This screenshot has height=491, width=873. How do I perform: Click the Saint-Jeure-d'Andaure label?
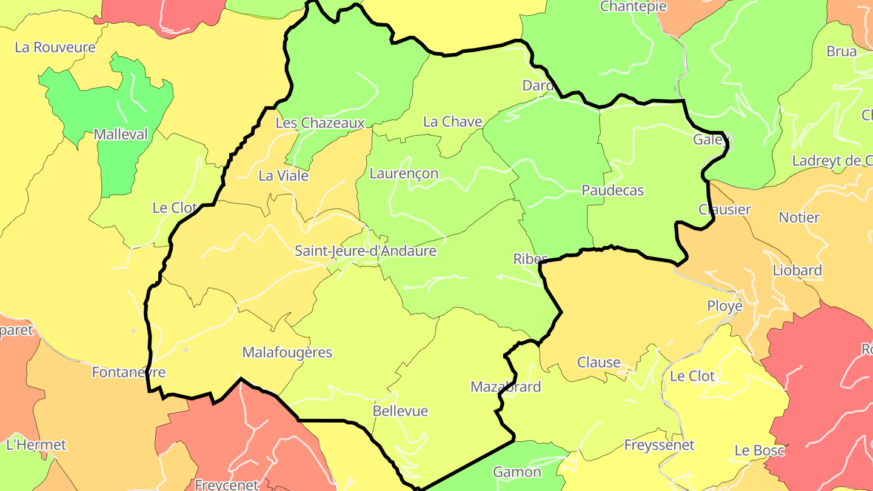[366, 250]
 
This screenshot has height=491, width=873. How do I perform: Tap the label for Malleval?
[121, 135]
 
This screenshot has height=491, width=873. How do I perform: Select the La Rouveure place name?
[55, 47]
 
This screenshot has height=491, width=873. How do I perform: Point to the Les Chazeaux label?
[320, 123]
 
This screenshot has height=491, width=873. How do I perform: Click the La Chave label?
[452, 122]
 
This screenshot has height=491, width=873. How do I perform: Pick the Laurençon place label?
[404, 173]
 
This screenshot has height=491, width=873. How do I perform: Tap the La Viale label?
[283, 176]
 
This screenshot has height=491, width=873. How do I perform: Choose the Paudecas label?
[612, 190]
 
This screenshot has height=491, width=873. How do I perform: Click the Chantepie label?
[633, 7]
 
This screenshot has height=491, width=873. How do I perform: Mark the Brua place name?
[841, 52]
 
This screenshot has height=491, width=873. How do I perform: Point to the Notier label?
[799, 217]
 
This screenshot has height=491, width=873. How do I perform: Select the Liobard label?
[797, 270]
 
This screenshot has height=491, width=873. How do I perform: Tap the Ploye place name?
[724, 306]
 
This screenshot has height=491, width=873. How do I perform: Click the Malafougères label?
[287, 352]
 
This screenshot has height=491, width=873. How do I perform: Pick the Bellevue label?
[400, 411]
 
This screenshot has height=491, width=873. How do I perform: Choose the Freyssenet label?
[659, 445]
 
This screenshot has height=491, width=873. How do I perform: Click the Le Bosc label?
[759, 450]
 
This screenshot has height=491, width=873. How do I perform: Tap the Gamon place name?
[517, 472]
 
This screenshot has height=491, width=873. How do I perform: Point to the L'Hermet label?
[36, 444]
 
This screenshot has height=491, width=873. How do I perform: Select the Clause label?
[598, 362]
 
